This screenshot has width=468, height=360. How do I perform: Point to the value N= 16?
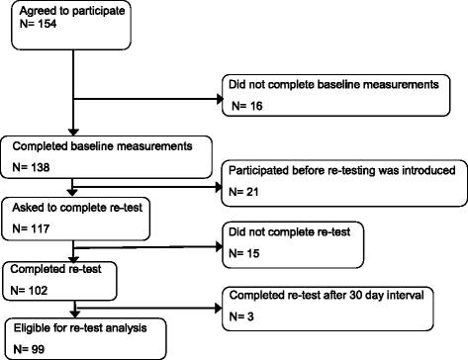click(248, 104)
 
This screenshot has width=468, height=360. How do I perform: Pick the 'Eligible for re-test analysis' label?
click(75, 325)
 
